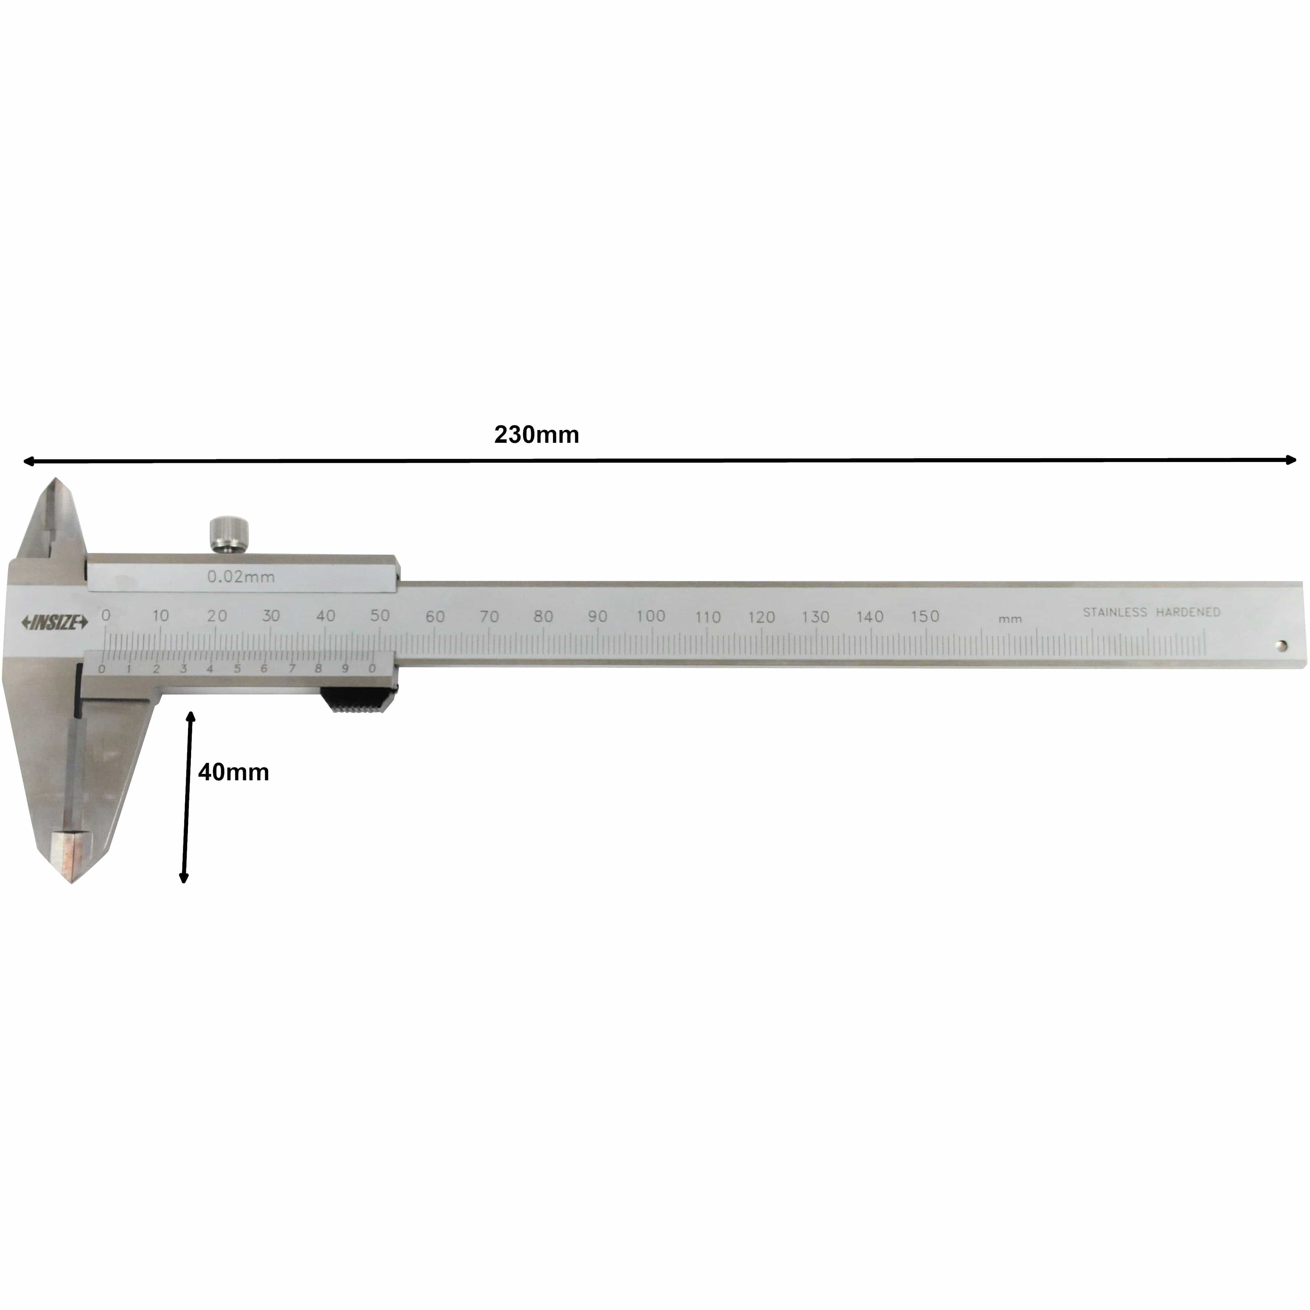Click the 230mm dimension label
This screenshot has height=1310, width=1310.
pyautogui.click(x=536, y=435)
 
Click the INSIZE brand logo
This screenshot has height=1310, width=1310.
pyautogui.click(x=55, y=623)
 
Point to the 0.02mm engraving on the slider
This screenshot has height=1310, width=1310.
pyautogui.click(x=241, y=577)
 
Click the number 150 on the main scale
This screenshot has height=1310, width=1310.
pyautogui.click(x=925, y=616)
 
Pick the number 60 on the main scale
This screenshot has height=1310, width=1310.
pyautogui.click(x=435, y=616)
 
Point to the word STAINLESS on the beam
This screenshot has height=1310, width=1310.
pyautogui.click(x=1115, y=612)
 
